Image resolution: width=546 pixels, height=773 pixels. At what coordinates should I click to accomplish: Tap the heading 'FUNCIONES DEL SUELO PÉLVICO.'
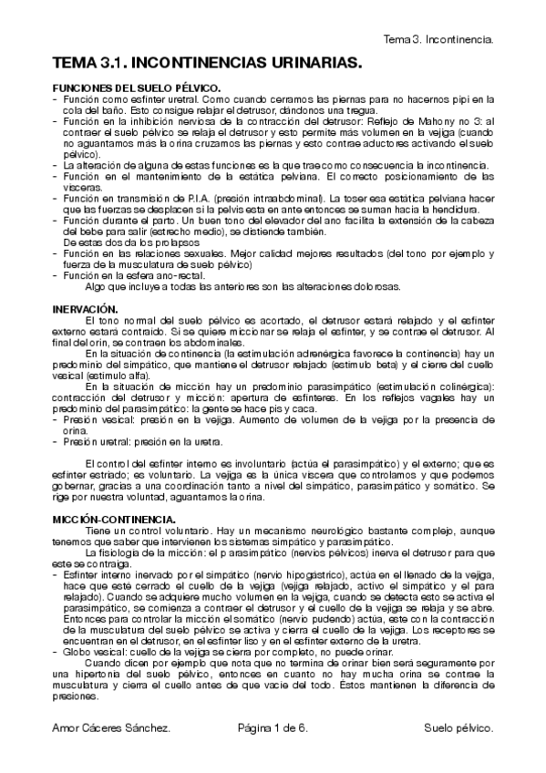tap(127, 87)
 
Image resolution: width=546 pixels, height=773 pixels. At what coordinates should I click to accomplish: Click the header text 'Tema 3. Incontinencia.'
tap(438, 40)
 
